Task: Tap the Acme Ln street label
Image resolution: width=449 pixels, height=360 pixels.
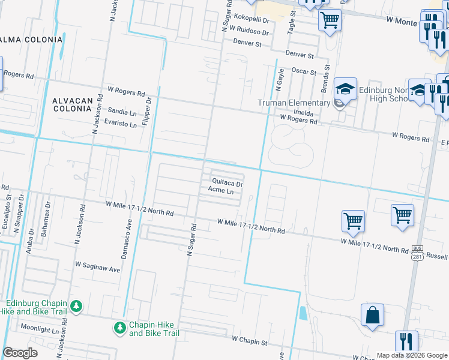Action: click(x=220, y=191)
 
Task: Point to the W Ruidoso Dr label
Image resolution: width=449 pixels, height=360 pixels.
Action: click(x=247, y=32)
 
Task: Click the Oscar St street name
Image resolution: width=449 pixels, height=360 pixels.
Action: click(x=304, y=72)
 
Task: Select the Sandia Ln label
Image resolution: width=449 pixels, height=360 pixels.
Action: click(x=122, y=111)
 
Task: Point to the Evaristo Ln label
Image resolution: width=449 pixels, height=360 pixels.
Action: click(x=121, y=123)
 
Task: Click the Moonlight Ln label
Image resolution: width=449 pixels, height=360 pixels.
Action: click(x=40, y=329)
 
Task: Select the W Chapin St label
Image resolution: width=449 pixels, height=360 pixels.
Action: click(x=249, y=341)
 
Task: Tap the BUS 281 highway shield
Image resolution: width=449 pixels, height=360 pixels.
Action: click(x=417, y=253)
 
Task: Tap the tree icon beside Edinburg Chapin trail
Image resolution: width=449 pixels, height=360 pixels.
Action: click(x=76, y=307)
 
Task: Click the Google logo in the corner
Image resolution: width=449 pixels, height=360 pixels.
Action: click(x=20, y=353)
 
